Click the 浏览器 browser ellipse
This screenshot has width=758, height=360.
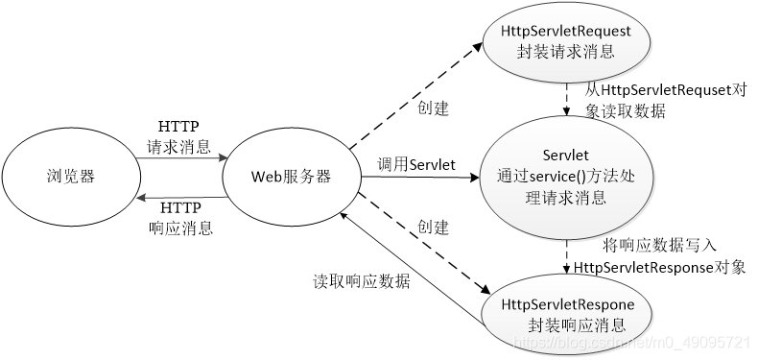coord(69,177)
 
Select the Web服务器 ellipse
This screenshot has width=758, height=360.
coord(290,177)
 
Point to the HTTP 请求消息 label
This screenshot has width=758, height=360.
coord(179,138)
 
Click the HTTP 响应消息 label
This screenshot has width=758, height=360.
coord(179,218)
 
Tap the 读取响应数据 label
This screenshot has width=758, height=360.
coord(362,282)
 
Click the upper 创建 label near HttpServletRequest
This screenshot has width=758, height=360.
coord(433,107)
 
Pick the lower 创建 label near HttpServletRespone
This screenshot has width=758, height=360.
coord(433,228)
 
